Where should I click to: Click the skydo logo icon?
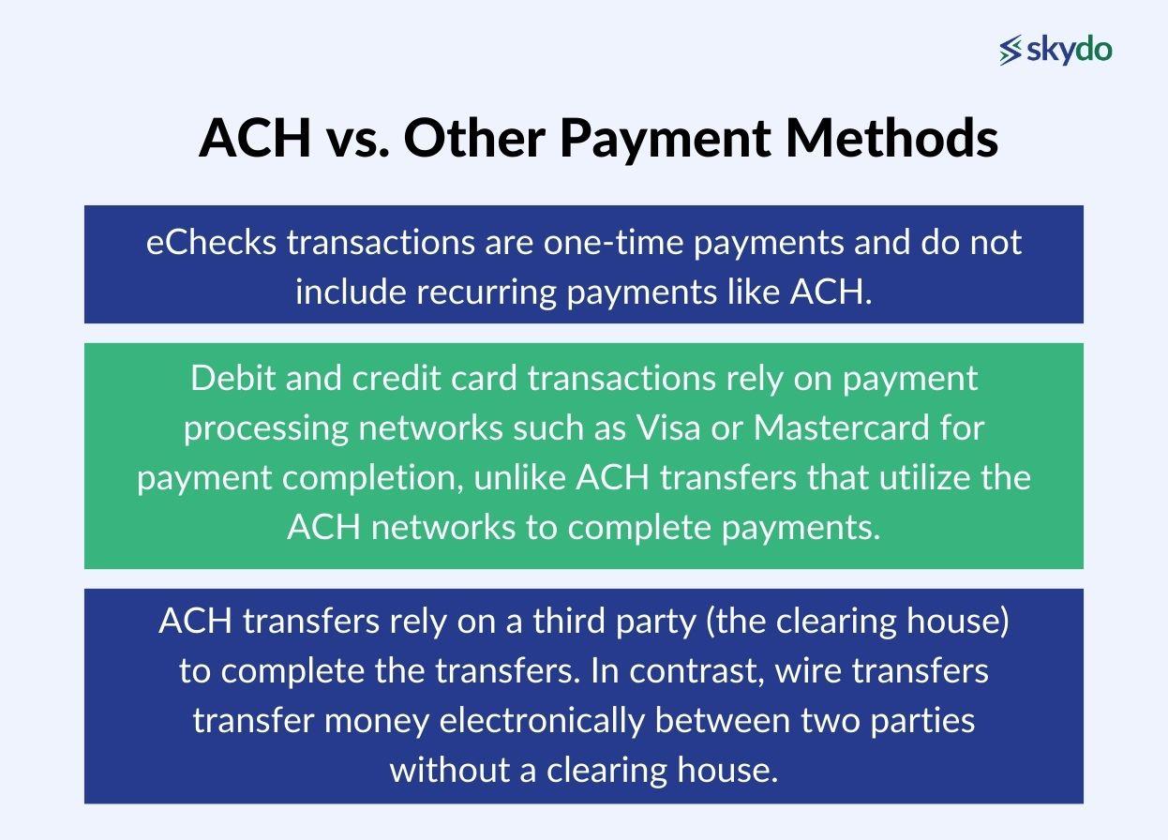[x=1011, y=51]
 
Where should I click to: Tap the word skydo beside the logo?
[x=1070, y=50]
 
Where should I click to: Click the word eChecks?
[x=212, y=242]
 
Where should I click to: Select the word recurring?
[x=487, y=292]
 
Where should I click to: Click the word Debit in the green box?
[x=227, y=378]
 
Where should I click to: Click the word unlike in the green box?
[x=520, y=477]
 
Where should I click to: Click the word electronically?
[x=543, y=721]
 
